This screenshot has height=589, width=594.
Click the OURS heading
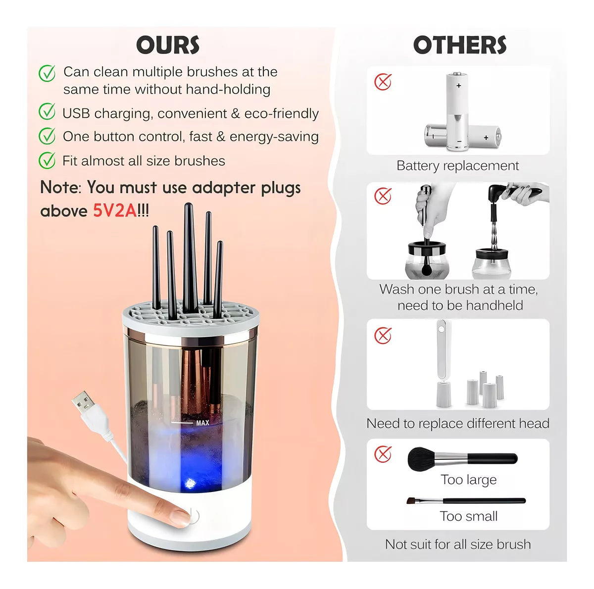(168, 45)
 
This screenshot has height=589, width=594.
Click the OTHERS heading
(460, 45)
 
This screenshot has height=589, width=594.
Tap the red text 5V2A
(114, 211)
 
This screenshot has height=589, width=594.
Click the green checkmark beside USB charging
(47, 112)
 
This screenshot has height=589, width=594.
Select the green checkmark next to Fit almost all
(47, 160)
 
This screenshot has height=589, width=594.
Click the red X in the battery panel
(383, 82)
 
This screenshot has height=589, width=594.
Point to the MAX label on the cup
(202, 423)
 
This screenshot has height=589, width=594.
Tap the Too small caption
(468, 516)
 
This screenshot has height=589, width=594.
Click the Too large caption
(468, 480)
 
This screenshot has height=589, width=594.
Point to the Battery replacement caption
(457, 166)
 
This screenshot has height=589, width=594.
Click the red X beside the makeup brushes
(383, 454)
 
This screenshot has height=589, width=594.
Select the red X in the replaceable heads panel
(383, 336)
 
